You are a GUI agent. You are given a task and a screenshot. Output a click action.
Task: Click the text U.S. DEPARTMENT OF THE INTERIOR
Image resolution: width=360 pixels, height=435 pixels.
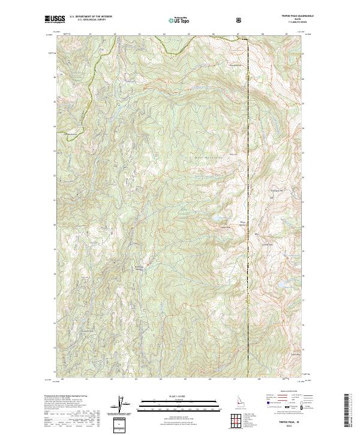(x=90, y=17)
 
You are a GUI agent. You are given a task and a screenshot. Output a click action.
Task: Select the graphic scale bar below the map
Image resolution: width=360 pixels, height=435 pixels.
(x=179, y=405)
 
